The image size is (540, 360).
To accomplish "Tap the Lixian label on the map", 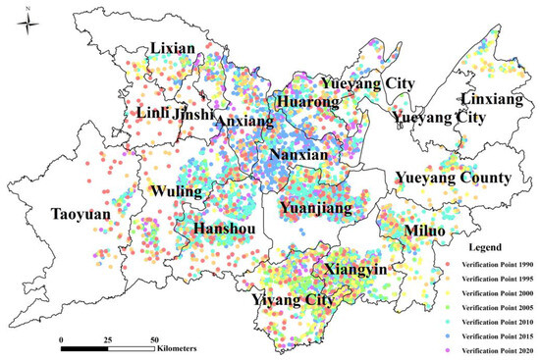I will [x=171, y=48].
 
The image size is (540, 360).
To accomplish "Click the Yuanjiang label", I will [x=310, y=207].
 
